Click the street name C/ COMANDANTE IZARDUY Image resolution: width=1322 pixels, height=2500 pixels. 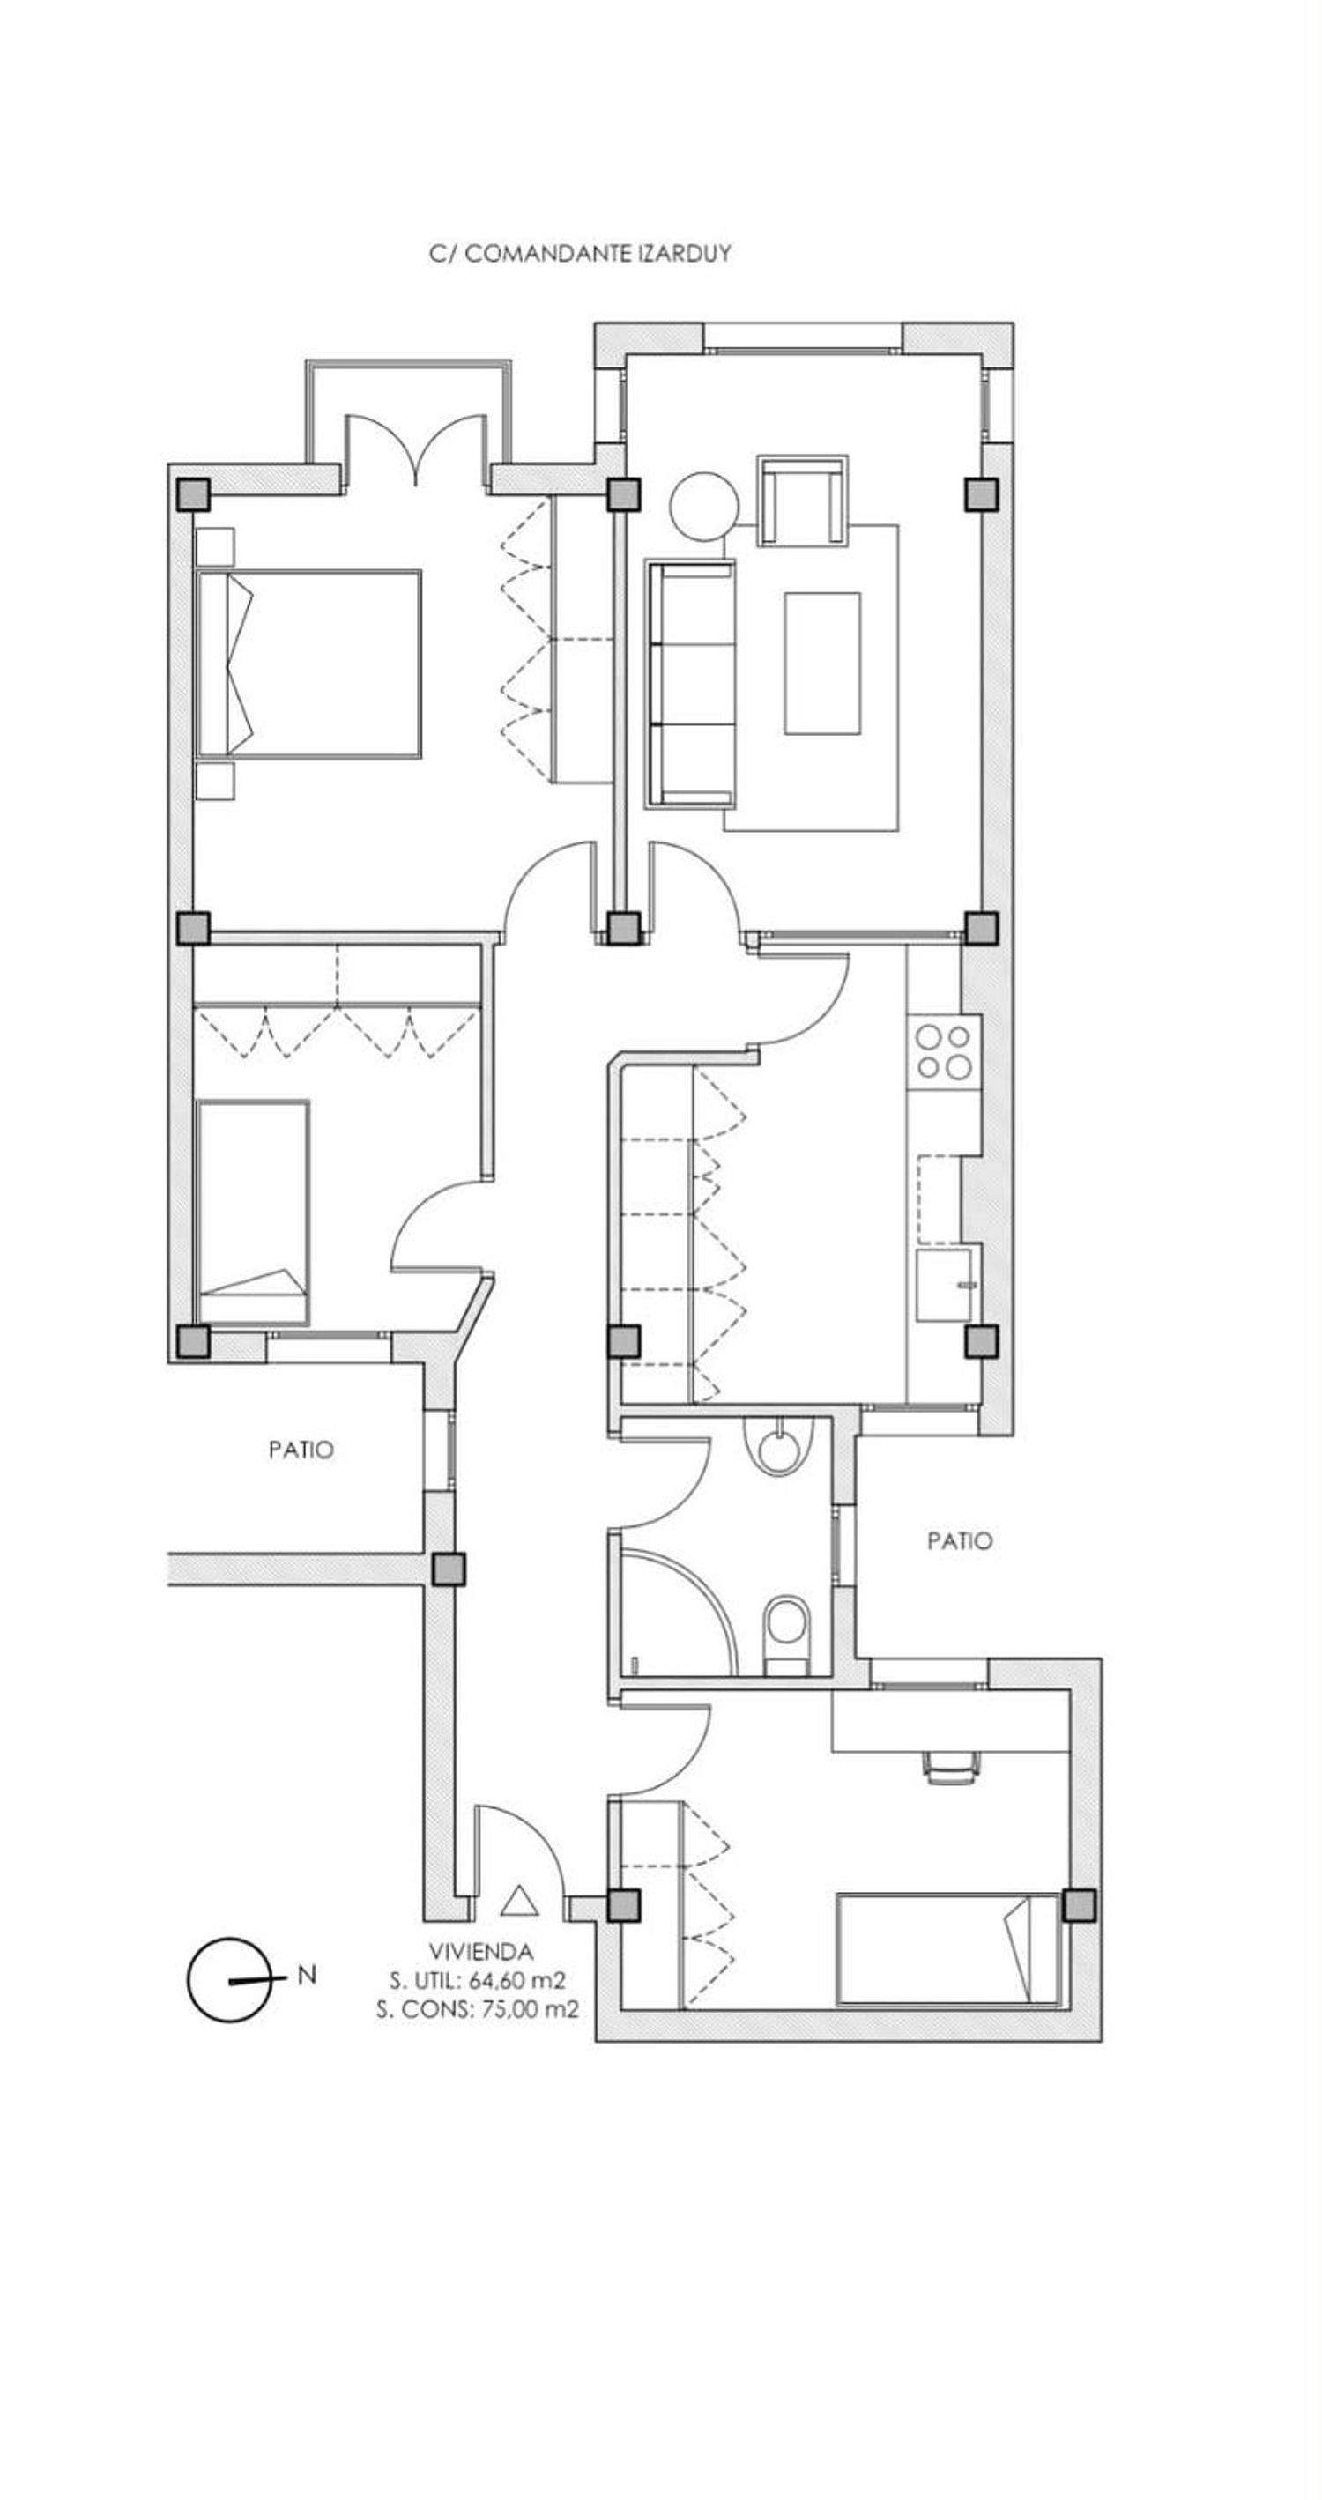579,255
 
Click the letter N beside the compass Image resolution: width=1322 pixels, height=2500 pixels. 307,1975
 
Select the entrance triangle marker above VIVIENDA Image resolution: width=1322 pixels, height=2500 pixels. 518,1899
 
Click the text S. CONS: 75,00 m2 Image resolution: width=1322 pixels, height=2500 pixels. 478,2009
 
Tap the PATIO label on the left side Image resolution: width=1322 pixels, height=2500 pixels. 301,1450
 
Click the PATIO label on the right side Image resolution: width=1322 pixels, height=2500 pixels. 960,1541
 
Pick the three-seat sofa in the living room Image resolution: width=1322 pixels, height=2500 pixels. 690,683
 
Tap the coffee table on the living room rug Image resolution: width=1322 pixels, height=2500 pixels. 822,664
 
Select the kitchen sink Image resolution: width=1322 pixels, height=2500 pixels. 945,1285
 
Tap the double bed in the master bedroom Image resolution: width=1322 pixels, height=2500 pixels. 308,664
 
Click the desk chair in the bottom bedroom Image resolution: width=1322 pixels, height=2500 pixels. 950,1770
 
